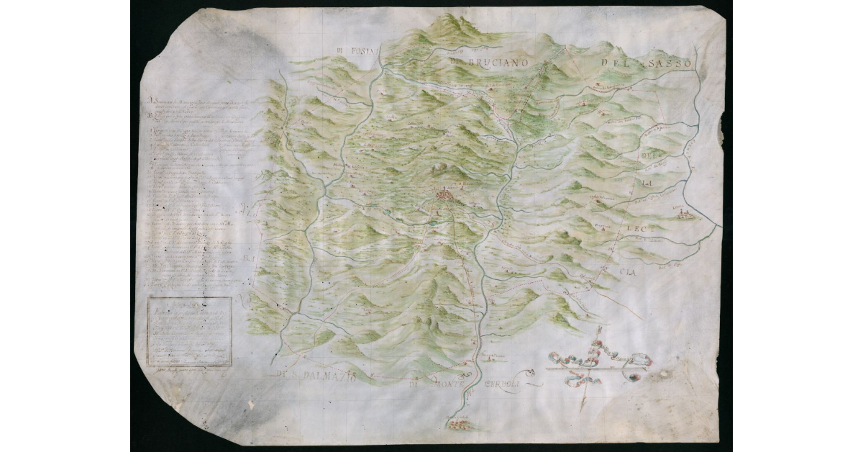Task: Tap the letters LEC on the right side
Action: (638, 230)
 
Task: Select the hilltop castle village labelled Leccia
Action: (686, 214)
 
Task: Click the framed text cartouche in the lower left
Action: (190, 331)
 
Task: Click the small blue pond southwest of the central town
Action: (431, 223)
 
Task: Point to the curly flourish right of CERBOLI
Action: (531, 372)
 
